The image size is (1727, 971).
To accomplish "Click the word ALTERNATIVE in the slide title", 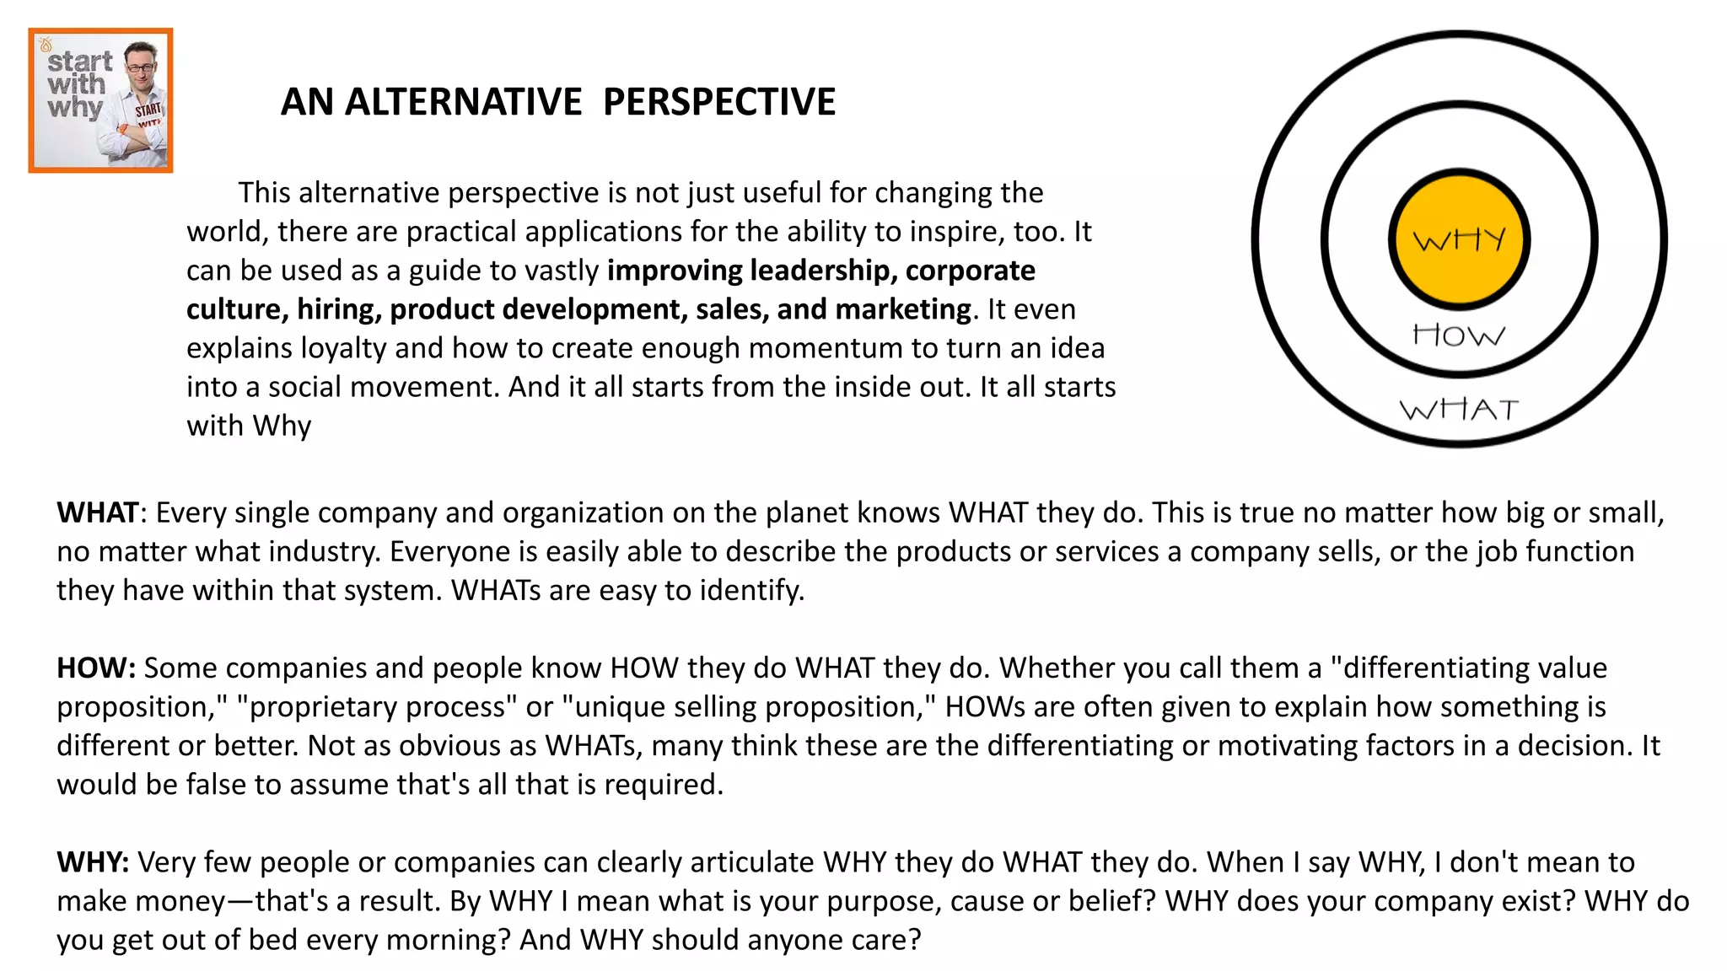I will tap(463, 102).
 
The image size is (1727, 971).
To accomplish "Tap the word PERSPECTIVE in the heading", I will tap(719, 102).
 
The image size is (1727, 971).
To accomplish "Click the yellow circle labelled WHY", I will tap(1459, 240).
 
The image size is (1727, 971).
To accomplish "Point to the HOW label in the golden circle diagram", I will tap(1459, 335).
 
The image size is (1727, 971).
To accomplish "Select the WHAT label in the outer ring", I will tap(1459, 410).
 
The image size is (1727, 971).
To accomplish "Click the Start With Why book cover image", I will tap(100, 100).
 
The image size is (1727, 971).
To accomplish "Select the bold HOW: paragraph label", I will tap(96, 668).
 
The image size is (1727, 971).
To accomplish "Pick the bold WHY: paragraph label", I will tap(93, 862).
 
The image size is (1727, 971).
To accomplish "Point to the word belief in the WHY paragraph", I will tap(1111, 901).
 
